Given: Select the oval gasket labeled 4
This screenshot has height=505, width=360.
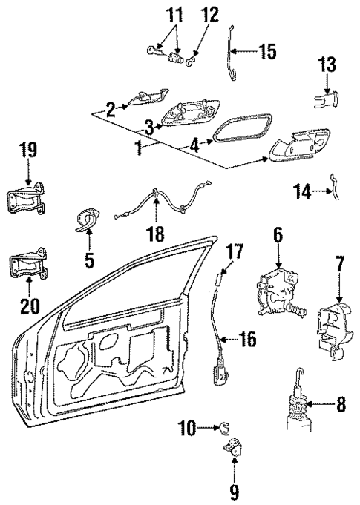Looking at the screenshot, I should pyautogui.click(x=237, y=133).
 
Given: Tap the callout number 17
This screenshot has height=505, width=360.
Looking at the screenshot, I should pyautogui.click(x=235, y=252).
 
